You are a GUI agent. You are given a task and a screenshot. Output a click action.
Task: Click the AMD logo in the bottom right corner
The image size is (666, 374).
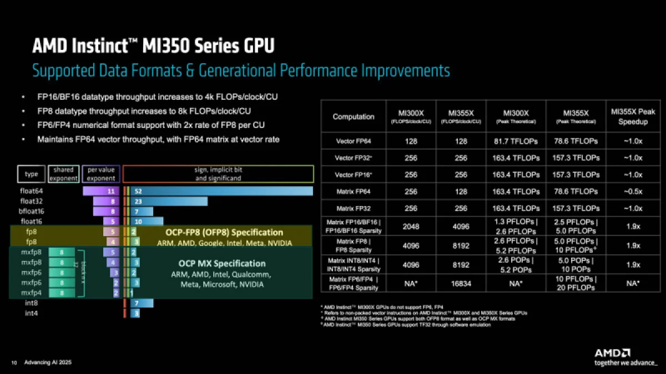pyautogui.click(x=612, y=352)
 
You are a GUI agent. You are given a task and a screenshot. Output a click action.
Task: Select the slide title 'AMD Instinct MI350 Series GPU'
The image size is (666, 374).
pyautogui.click(x=153, y=46)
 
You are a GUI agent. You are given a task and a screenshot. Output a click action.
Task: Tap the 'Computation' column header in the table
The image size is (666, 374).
pyautogui.click(x=354, y=116)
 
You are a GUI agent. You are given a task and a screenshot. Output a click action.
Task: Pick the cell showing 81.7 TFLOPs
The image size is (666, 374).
pyautogui.click(x=516, y=141)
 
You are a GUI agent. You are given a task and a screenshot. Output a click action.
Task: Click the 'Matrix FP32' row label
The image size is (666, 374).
pyautogui.click(x=354, y=208)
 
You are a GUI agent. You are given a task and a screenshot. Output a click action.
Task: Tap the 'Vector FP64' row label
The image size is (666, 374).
pyautogui.click(x=354, y=141)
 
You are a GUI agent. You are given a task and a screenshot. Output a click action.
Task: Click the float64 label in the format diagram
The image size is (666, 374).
pyautogui.click(x=32, y=191)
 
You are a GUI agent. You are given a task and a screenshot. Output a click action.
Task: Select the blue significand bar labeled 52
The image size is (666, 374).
pyautogui.click(x=222, y=191)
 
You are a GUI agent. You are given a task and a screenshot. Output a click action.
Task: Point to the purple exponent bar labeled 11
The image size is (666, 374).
pyautogui.click(x=102, y=191)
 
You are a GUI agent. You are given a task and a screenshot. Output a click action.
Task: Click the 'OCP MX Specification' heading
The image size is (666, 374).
pyautogui.click(x=218, y=263)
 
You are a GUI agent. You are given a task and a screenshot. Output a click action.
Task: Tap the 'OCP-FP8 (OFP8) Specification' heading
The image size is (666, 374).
pyautogui.click(x=224, y=232)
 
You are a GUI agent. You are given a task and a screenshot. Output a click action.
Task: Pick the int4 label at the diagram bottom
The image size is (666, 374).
pyautogui.click(x=32, y=313)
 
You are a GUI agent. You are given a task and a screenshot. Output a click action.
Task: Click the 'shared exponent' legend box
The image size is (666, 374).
pyautogui.click(x=63, y=174)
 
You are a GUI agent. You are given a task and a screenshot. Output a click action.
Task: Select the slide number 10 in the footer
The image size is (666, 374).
pyautogui.click(x=14, y=362)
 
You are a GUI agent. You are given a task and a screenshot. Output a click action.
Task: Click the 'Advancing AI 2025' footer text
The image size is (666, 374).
pyautogui.click(x=48, y=362)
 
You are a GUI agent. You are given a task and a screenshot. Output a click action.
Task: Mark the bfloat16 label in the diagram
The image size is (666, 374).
pyautogui.click(x=32, y=211)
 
